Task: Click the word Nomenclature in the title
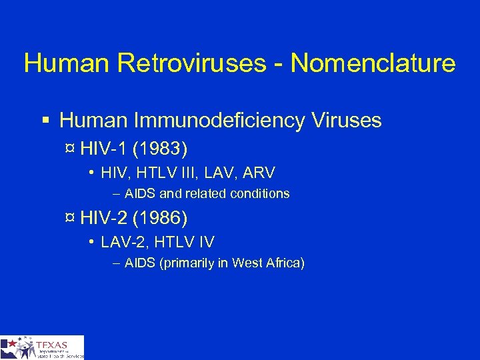[x=373, y=63]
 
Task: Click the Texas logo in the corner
[x=42, y=347]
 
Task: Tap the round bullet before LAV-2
[x=90, y=241]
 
